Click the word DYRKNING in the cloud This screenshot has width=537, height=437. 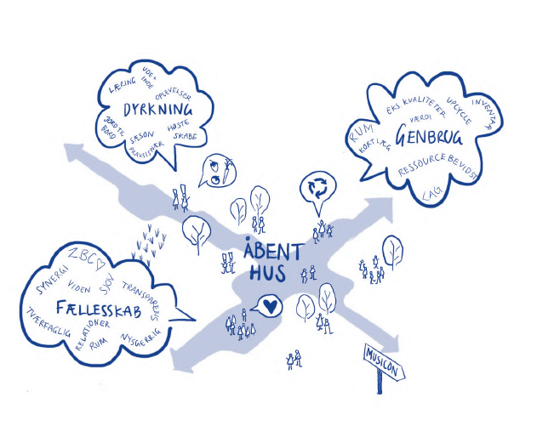pos(157,111)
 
